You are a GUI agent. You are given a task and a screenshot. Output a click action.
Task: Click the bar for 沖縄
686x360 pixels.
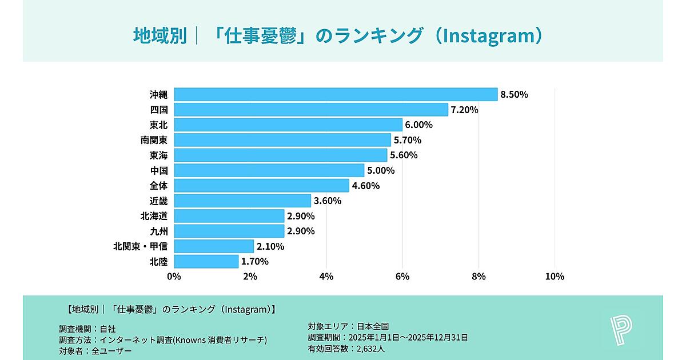pyautogui.click(x=336, y=94)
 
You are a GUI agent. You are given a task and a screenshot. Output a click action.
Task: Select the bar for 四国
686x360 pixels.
pyautogui.click(x=311, y=110)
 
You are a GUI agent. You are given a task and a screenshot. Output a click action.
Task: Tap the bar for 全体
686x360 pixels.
pyautogui.click(x=261, y=186)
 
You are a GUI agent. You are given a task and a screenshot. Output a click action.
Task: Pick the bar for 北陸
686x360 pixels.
pyautogui.click(x=206, y=262)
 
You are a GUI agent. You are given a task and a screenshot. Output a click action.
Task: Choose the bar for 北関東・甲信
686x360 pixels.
pyautogui.click(x=214, y=246)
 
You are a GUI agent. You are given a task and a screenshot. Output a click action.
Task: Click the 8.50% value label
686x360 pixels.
pyautogui.click(x=514, y=94)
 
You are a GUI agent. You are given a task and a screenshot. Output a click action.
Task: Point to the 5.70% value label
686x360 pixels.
pyautogui.click(x=407, y=140)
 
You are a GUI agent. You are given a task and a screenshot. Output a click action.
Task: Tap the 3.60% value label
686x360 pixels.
pyautogui.click(x=327, y=201)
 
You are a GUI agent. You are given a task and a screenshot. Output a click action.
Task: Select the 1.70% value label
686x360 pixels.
pyautogui.click(x=254, y=262)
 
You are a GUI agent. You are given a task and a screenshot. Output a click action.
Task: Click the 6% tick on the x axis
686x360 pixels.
pyautogui.click(x=402, y=277)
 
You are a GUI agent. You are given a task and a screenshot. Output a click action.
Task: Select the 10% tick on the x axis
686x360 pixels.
pyautogui.click(x=555, y=277)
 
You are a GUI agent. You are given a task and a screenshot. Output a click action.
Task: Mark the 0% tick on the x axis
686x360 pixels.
pyautogui.click(x=174, y=277)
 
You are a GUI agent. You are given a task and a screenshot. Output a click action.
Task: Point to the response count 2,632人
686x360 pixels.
pyautogui.click(x=370, y=348)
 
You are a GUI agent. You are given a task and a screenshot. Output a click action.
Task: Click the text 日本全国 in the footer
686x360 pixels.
pyautogui.click(x=373, y=326)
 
